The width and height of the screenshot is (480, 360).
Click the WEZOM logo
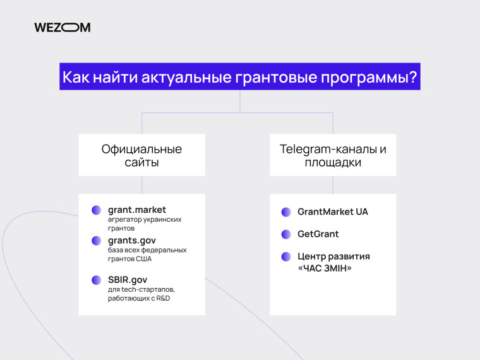pyautogui.click(x=62, y=27)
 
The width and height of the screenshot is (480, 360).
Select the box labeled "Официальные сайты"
pyautogui.click(x=141, y=155)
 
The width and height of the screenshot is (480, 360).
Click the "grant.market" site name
pyautogui.click(x=137, y=209)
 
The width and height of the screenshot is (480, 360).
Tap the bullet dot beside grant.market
pyautogui.click(x=96, y=210)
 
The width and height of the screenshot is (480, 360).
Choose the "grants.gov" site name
pyautogui.click(x=132, y=240)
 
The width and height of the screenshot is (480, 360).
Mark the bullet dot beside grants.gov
pyautogui.click(x=96, y=241)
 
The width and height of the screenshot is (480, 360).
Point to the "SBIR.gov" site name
pyautogui.click(x=128, y=279)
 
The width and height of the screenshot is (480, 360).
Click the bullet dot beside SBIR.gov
pyautogui.click(x=96, y=280)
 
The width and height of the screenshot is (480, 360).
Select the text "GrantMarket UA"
pyautogui.click(x=333, y=212)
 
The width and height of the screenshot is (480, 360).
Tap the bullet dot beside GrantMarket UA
pyautogui.click(x=286, y=212)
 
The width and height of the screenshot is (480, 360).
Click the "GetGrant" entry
pyautogui.click(x=318, y=234)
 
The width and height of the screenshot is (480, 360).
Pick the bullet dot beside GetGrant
pyautogui.click(x=286, y=234)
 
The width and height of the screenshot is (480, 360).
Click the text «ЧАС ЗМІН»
pyautogui.click(x=325, y=268)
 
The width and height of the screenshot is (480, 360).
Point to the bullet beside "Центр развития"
pyautogui.click(x=286, y=256)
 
